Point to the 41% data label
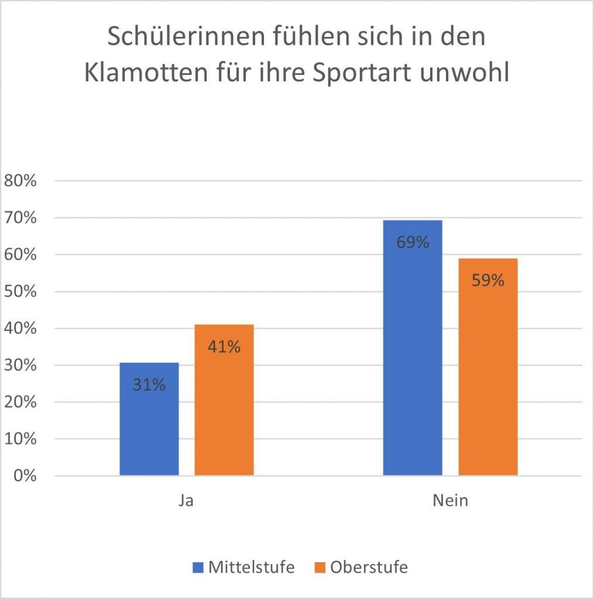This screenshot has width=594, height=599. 224,347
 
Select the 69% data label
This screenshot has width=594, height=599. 413,242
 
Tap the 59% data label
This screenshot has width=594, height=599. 487,281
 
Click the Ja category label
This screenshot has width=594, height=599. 186,501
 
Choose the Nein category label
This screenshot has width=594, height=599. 450,501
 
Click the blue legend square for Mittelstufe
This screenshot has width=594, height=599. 198,567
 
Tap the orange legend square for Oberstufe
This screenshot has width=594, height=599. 320,567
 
